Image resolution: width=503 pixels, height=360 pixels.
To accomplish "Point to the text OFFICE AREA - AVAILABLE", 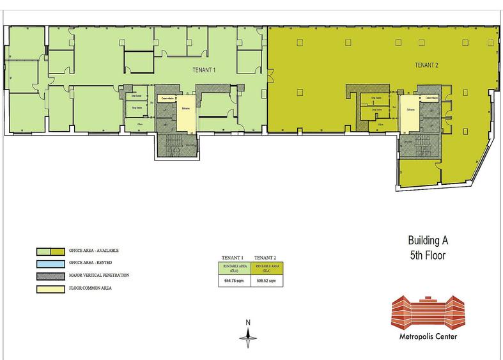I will point(94,251).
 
